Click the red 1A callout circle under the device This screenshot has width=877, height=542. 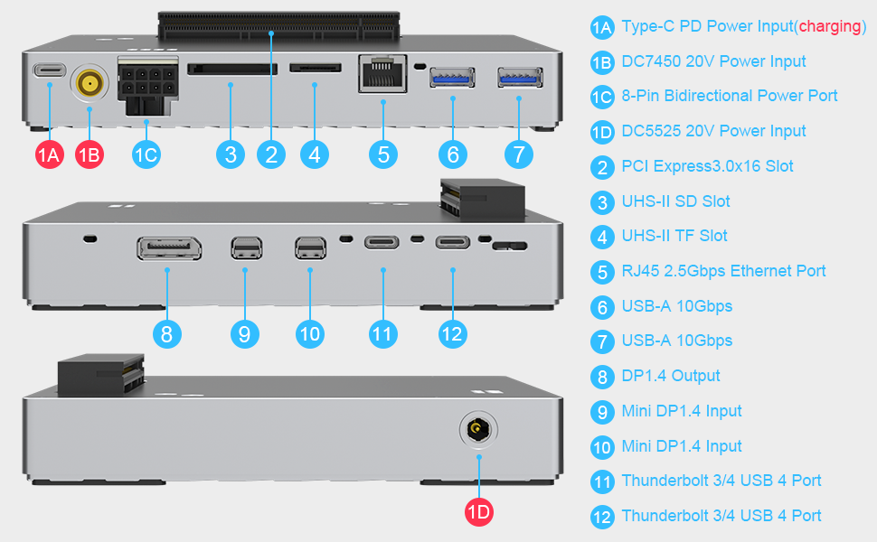coord(50,154)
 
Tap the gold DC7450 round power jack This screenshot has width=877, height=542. coord(89,85)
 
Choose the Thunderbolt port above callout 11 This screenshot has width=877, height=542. coord(383,243)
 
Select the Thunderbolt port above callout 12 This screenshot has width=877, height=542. coord(452,242)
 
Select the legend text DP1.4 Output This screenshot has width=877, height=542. coord(671,376)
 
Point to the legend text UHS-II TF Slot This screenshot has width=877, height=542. coord(674,236)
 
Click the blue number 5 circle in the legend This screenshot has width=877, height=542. coord(602,272)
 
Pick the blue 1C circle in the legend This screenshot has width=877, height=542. coord(602,97)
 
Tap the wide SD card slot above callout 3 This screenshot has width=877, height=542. coord(232,69)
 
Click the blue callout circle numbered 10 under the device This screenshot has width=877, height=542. coord(310,333)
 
